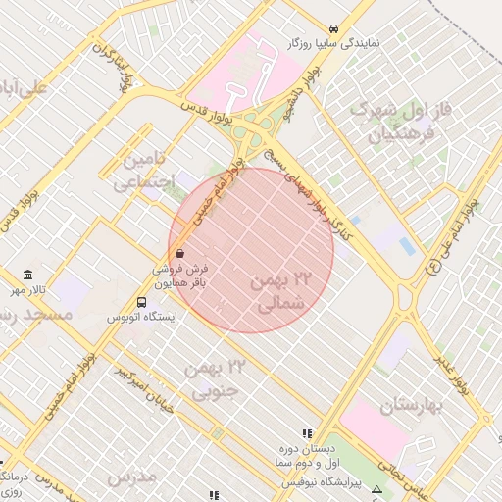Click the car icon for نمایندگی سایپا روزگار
[334, 28]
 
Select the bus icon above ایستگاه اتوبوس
[142, 303]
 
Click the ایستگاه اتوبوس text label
[141, 319]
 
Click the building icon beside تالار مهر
[27, 275]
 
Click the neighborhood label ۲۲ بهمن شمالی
[280, 292]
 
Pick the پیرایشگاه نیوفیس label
[323, 483]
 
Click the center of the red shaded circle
[251, 250]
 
